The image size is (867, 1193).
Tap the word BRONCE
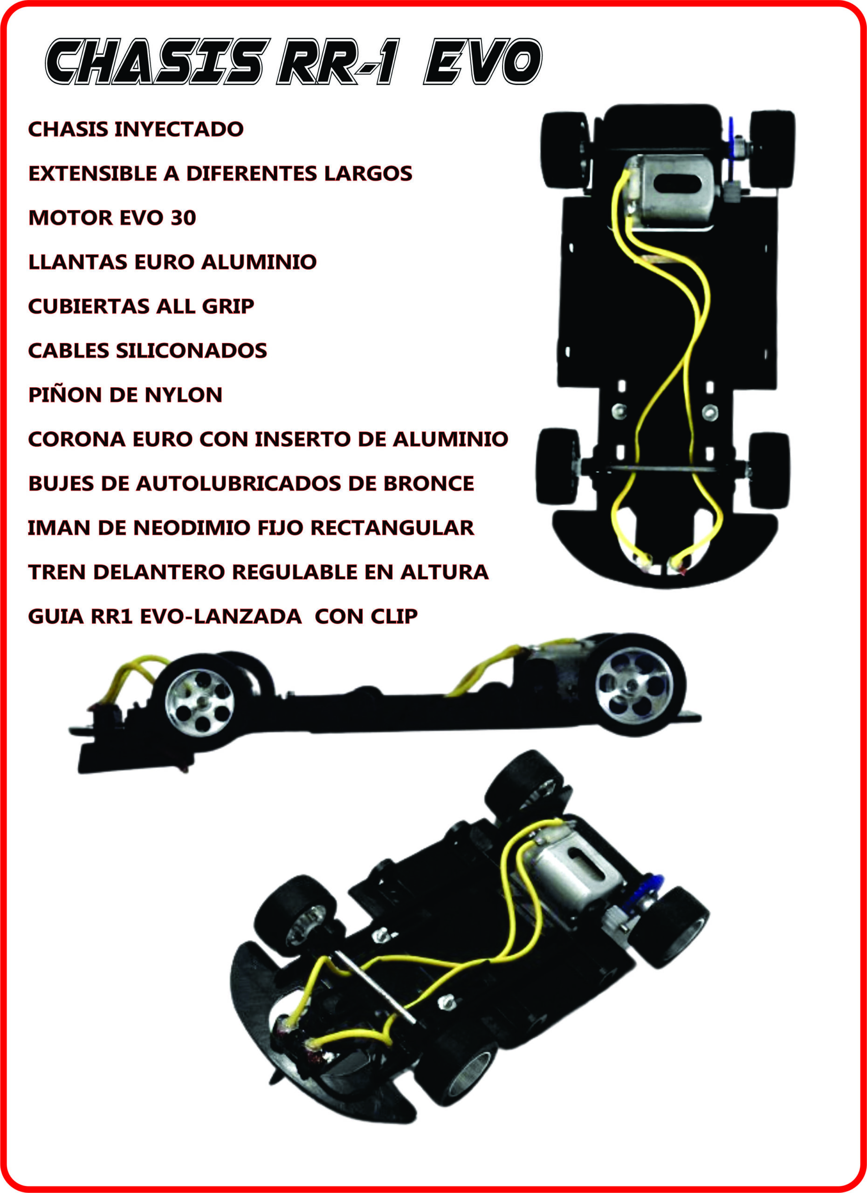[x=428, y=483]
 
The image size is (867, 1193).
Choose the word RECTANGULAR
[x=392, y=528]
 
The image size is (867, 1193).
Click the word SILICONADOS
[x=192, y=351]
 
